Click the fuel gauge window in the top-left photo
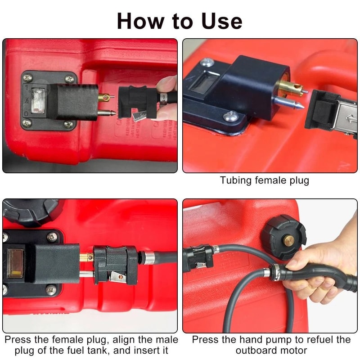point(39,99)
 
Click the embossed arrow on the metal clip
point(346,120)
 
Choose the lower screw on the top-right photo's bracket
point(229,118)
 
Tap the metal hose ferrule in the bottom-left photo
point(149,258)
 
